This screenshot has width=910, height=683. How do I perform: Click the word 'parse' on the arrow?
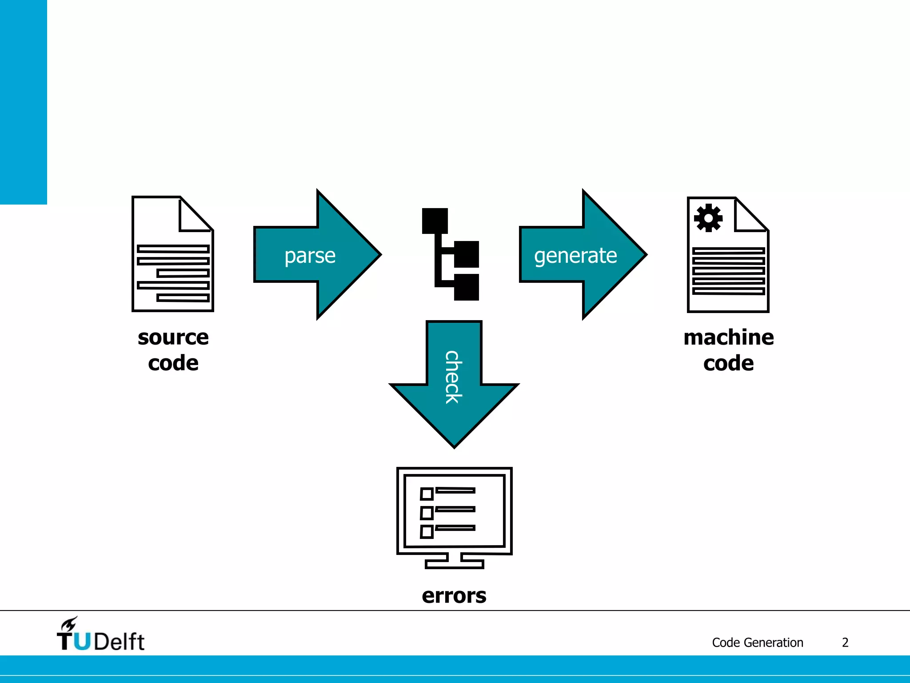(310, 256)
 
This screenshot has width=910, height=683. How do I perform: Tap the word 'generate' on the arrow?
(575, 256)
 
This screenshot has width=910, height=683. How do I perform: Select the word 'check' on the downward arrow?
(454, 377)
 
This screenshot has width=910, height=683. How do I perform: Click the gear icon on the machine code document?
(708, 218)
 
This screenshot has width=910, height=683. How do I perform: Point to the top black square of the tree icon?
(435, 221)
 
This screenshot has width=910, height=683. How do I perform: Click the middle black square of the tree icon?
(466, 254)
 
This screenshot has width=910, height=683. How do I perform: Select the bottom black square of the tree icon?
(466, 287)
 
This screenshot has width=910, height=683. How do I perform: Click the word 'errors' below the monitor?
(454, 595)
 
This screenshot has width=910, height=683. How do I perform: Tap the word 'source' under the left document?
(173, 337)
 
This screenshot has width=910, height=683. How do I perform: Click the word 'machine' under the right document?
(728, 337)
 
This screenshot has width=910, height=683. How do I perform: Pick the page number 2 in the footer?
(845, 643)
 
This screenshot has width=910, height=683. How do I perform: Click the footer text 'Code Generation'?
(757, 643)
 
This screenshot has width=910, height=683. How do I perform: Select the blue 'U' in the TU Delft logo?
(82, 641)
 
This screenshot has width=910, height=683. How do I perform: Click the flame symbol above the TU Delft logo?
(69, 624)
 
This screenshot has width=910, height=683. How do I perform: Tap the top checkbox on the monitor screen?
(427, 494)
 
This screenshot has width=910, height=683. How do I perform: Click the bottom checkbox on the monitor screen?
(427, 531)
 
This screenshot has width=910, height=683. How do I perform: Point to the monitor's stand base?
(454, 563)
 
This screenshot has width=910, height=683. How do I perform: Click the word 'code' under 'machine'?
(728, 363)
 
